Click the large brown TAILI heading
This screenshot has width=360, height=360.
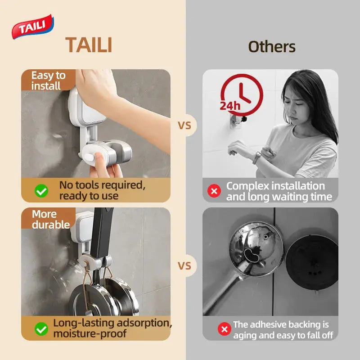(x=89, y=45)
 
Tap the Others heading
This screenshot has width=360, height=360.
(x=272, y=46)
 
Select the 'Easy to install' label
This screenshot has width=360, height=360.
(x=48, y=81)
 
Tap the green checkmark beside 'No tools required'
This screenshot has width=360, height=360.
(x=41, y=191)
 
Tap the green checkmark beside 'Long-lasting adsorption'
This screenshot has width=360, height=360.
(x=41, y=329)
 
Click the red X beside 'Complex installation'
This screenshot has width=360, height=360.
(x=214, y=191)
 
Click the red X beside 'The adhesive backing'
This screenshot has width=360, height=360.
(x=224, y=329)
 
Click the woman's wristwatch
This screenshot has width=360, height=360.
(x=257, y=157)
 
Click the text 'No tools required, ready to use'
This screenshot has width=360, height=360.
(x=102, y=190)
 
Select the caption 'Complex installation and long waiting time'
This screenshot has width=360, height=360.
(x=279, y=191)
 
